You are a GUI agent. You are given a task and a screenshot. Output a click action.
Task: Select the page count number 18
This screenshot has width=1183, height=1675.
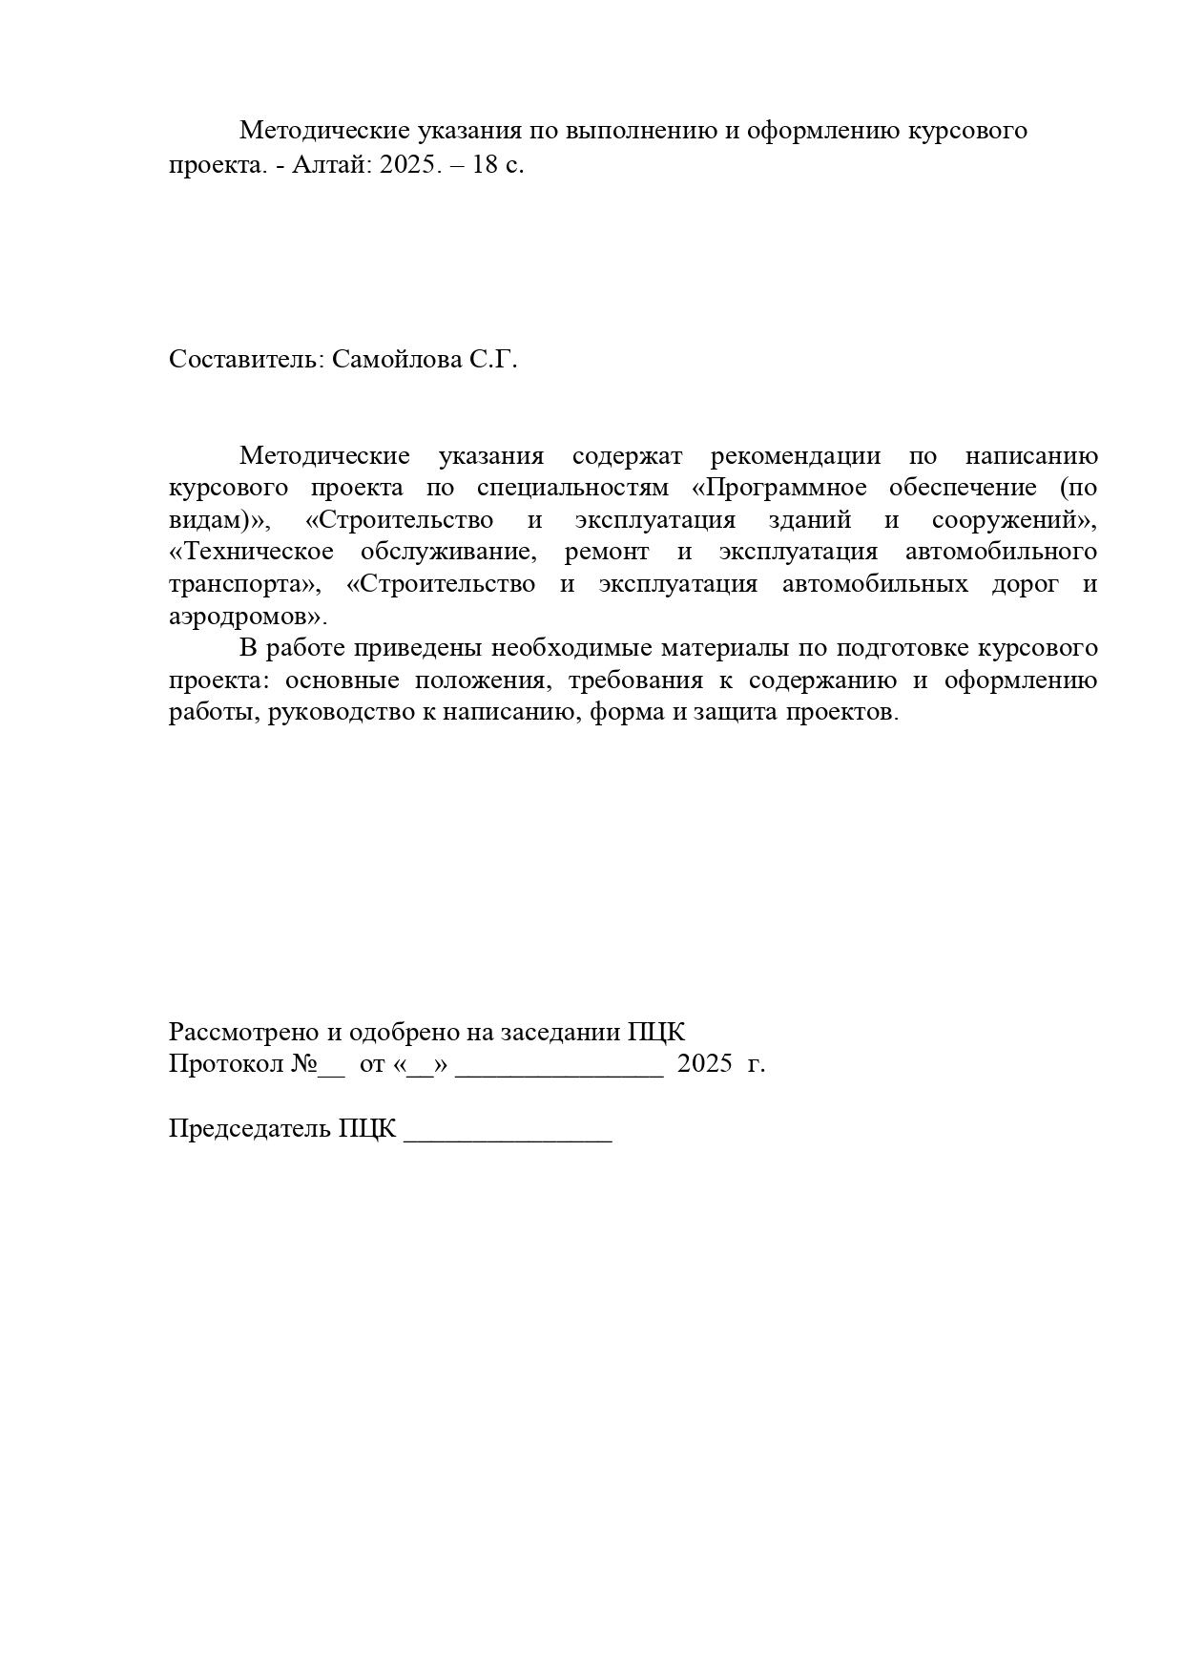[486, 164]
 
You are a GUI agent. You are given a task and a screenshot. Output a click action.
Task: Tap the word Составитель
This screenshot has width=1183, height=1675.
[246, 360]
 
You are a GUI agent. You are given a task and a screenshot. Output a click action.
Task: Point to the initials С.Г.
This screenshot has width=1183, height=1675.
[492, 360]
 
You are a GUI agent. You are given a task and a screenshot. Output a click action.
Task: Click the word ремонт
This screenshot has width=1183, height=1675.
[607, 553]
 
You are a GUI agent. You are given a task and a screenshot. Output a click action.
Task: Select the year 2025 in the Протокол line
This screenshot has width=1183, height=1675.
[704, 1064]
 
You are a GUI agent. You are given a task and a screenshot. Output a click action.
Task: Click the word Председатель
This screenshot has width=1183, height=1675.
[250, 1129]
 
